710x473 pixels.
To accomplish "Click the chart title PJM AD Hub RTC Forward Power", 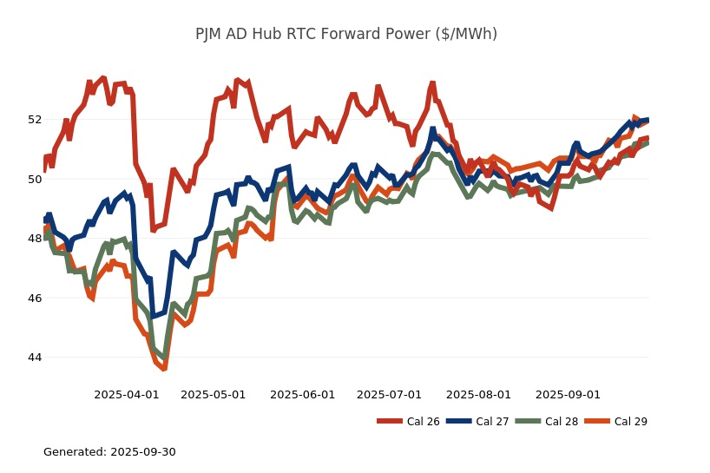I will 345,35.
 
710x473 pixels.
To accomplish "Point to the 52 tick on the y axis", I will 34,119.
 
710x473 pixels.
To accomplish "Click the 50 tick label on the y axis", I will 34,179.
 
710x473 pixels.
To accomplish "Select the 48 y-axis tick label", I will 34,239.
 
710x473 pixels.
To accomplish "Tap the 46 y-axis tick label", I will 34,298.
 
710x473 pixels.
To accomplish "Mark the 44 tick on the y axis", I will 34,358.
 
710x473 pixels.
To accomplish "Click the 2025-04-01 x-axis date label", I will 127,395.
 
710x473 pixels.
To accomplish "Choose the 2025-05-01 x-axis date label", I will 214,395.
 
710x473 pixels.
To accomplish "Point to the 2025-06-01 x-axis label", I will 303,395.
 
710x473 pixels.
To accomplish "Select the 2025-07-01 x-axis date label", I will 389,395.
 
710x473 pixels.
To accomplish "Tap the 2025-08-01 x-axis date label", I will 478,395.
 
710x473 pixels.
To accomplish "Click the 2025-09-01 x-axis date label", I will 568,395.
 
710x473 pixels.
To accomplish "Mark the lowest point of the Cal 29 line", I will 163,369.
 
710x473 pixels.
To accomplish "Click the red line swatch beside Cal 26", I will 390,422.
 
